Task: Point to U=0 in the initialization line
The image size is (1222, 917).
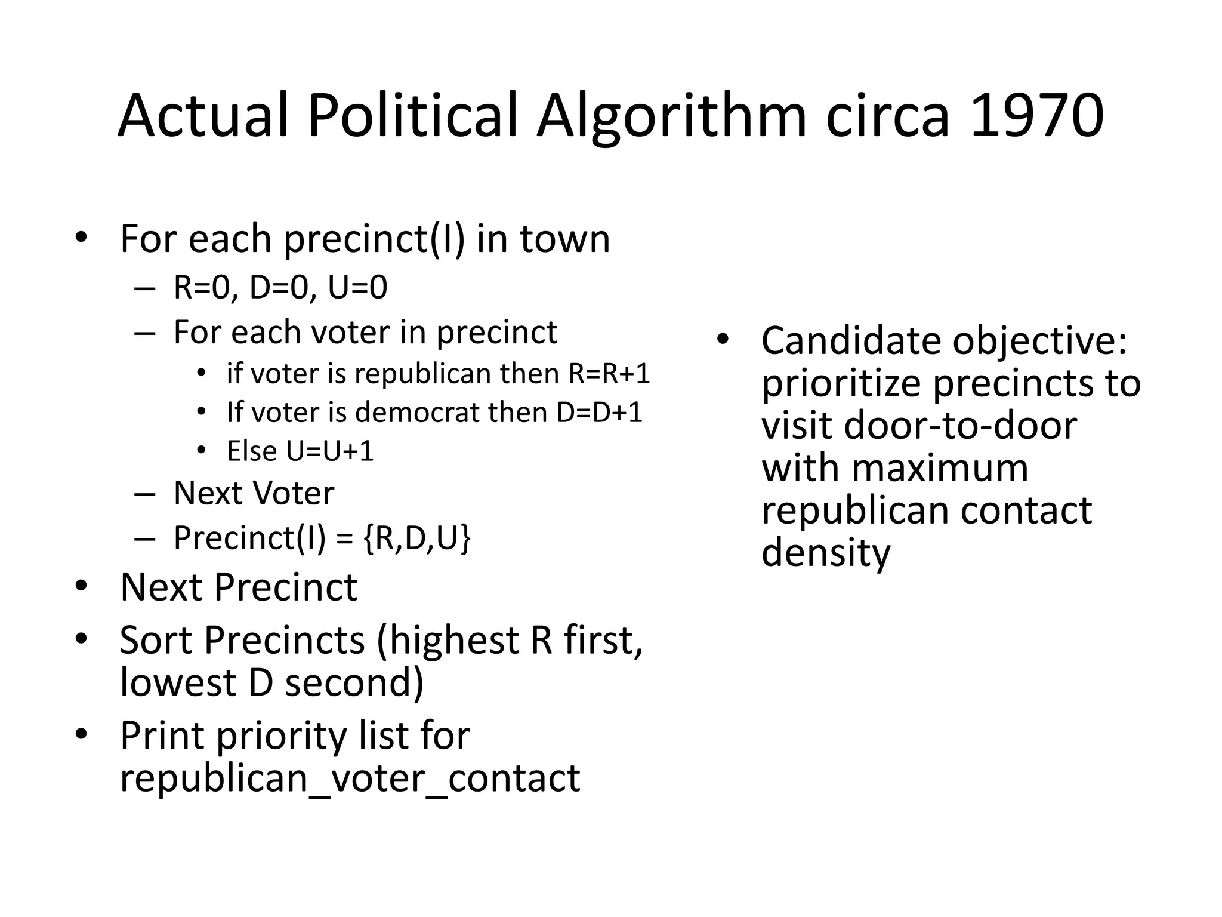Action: [x=357, y=287]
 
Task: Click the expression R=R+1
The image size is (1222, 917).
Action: [x=609, y=374]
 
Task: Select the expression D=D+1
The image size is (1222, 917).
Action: [x=599, y=413]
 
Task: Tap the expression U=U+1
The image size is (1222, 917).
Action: [x=330, y=451]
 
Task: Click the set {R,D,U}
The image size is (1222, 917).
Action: [x=416, y=538]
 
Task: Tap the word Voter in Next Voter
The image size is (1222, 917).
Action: [x=293, y=493]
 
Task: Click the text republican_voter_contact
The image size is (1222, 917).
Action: [x=350, y=778]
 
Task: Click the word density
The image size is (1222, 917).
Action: [x=826, y=553]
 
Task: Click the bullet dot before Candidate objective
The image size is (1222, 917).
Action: [x=723, y=340]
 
